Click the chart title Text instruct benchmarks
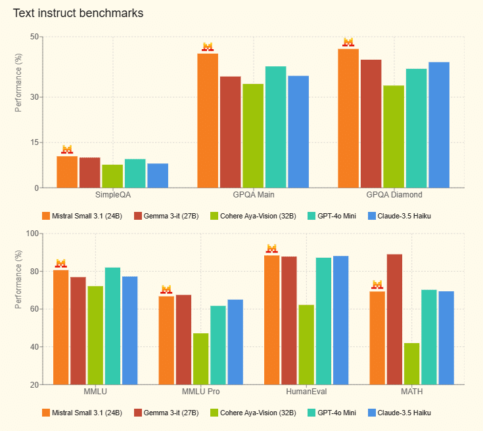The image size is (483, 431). click(x=78, y=13)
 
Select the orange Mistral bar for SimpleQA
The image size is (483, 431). click(x=67, y=172)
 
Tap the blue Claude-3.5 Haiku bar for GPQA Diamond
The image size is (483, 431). click(x=439, y=125)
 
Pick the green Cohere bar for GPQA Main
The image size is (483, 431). click(x=253, y=136)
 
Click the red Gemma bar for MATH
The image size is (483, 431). click(x=394, y=319)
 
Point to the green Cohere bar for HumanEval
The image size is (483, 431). click(x=306, y=344)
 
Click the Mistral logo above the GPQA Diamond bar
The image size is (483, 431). click(x=348, y=42)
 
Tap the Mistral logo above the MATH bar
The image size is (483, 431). click(x=377, y=285)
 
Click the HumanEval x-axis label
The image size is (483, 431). click(x=306, y=392)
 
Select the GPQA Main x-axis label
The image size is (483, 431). click(x=254, y=195)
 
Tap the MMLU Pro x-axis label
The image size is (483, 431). click(x=200, y=392)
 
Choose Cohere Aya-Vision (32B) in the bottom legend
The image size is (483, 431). click(x=252, y=413)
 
